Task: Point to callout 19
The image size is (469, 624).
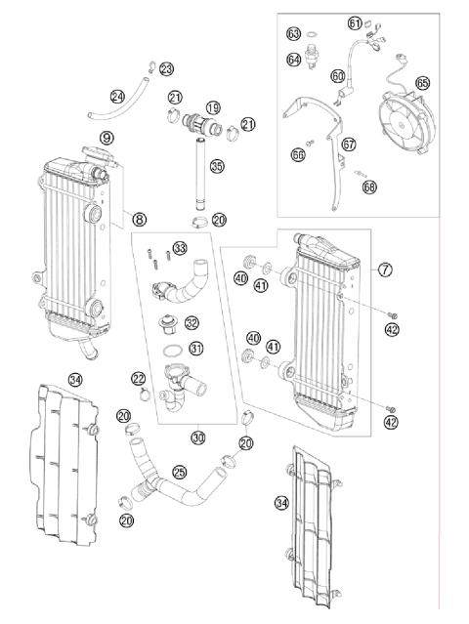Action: tap(213, 106)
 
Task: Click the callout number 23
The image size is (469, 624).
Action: tap(166, 68)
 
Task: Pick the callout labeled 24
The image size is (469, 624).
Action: tap(117, 96)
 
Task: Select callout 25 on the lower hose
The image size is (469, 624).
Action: tap(179, 472)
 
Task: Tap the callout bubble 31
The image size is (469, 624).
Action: tap(196, 350)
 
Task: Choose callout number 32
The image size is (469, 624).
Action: tap(192, 323)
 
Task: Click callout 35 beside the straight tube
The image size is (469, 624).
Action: tap(217, 167)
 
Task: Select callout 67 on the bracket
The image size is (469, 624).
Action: tap(349, 145)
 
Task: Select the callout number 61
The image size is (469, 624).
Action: tap(354, 22)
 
